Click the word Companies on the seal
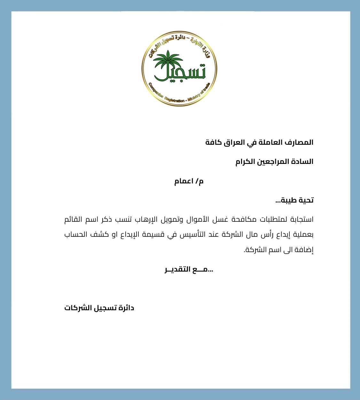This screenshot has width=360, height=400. click(x=156, y=91)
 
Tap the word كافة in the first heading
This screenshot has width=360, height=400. click(x=214, y=142)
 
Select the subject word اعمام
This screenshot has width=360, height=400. click(x=184, y=181)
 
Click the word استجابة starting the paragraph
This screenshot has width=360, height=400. click(x=301, y=219)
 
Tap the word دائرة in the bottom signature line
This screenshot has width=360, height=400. click(x=126, y=308)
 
